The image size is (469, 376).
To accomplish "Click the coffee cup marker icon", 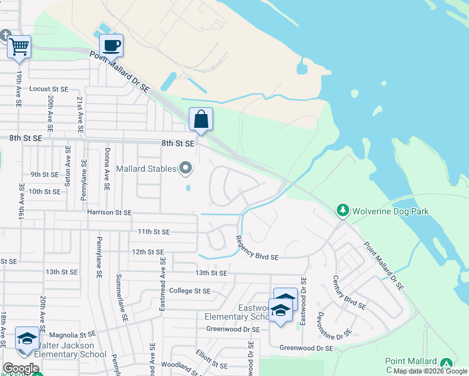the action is click(x=111, y=45).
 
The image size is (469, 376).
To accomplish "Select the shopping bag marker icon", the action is click(x=201, y=118).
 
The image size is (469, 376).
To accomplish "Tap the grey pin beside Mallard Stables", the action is click(x=186, y=167).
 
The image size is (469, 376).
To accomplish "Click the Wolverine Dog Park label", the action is click(x=390, y=211).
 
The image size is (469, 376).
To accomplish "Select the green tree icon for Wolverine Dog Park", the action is click(x=342, y=210).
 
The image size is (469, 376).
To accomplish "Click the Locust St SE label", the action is click(x=48, y=89).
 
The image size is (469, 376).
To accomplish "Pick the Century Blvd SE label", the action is click(x=349, y=293).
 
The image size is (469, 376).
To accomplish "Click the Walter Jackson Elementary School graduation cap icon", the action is click(x=27, y=338).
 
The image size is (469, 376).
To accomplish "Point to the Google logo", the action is click(x=21, y=368).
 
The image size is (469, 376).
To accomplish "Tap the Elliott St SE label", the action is click(x=211, y=360).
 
